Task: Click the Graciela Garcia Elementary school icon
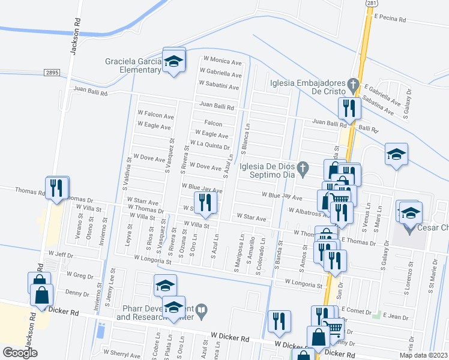[x=174, y=61]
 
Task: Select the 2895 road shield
[x=52, y=72]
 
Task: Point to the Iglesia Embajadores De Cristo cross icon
[x=354, y=83]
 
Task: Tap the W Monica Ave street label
[x=222, y=60]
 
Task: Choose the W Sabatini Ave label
[x=218, y=86]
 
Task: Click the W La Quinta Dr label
[x=209, y=145]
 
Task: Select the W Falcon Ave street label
[x=155, y=116]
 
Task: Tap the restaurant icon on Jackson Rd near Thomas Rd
[x=55, y=188]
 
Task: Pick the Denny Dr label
[x=77, y=293]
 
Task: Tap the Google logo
[x=20, y=353]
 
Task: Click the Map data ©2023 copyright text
[x=423, y=355]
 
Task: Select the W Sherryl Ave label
[x=122, y=354]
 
